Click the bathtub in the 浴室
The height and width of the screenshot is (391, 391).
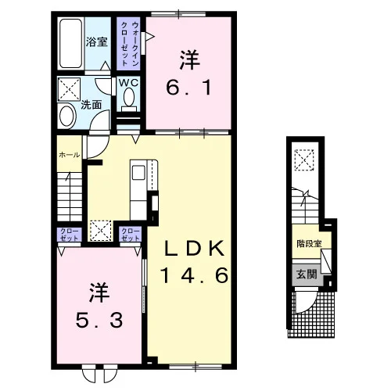(70, 44)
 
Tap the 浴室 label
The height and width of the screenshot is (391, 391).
(97, 41)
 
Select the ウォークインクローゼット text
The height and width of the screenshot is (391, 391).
(128, 44)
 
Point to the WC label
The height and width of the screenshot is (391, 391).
(128, 83)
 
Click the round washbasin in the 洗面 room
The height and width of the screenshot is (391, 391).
(67, 116)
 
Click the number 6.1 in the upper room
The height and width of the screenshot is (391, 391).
(188, 88)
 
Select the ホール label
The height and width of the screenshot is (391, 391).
(70, 155)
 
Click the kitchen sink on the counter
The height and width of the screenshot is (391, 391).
(138, 173)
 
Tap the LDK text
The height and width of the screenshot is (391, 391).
(194, 249)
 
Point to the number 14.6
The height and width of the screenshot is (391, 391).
(194, 275)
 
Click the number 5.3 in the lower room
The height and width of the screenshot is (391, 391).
(99, 321)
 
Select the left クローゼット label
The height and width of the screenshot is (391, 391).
(70, 235)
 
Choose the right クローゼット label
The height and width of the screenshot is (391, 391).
(131, 235)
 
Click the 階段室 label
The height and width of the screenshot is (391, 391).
(310, 244)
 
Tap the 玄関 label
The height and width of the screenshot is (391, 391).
(307, 274)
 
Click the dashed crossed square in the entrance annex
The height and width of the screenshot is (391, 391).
(304, 160)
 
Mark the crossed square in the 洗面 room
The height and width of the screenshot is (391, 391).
(69, 89)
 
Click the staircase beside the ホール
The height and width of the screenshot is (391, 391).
(70, 196)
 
